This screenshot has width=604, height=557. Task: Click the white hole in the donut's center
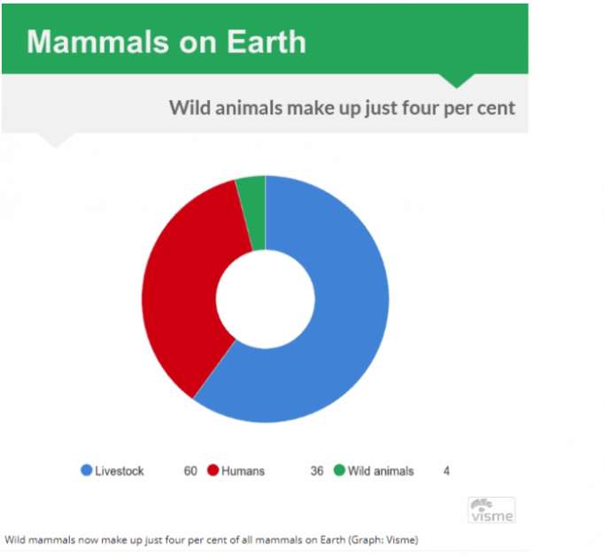point(266,299)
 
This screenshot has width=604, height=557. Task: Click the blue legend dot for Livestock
point(87,470)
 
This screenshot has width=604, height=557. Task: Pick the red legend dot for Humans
point(213,470)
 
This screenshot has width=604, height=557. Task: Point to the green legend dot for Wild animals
point(339,470)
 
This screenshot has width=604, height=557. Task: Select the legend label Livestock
point(120,471)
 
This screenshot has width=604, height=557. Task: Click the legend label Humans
point(243,471)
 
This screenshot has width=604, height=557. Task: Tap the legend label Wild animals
point(381,471)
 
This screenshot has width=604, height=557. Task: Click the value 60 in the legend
point(190,471)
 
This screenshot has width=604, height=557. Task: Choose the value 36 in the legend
point(317,471)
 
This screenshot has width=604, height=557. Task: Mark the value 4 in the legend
point(446,471)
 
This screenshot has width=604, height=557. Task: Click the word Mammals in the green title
point(97,42)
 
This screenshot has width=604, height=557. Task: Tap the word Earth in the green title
point(267,42)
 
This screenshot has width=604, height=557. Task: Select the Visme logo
point(492,510)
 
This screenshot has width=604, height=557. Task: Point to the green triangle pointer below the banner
point(457,80)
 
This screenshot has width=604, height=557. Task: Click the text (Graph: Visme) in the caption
point(383,539)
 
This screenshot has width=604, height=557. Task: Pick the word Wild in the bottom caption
point(15,539)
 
